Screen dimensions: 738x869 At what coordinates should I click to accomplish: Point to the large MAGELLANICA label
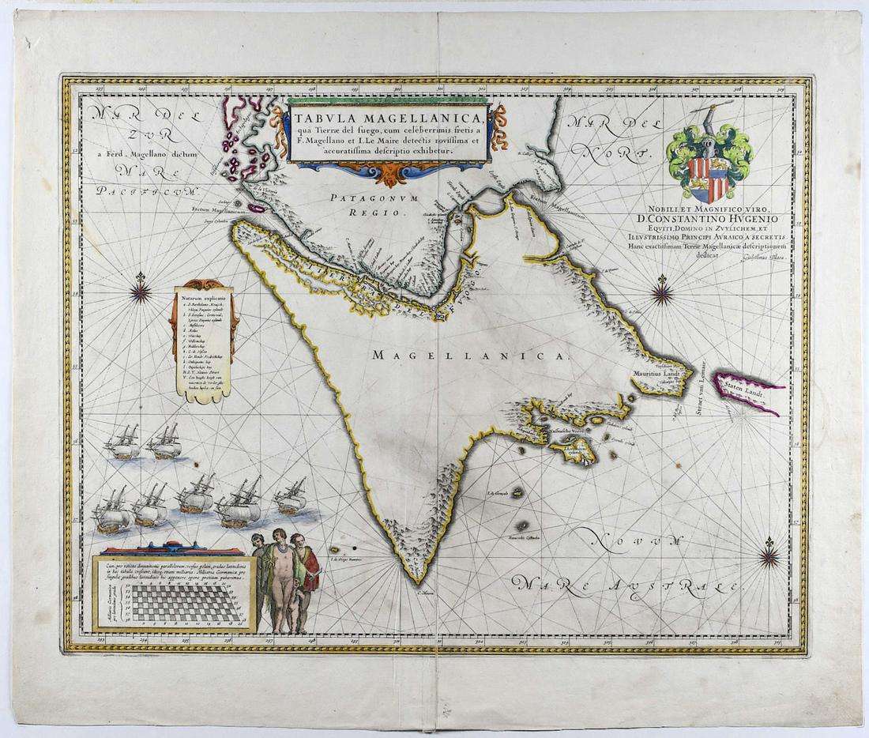click(x=470, y=356)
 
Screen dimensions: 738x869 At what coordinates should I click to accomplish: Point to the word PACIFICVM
click(x=149, y=190)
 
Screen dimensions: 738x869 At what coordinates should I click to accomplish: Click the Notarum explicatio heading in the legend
click(x=204, y=298)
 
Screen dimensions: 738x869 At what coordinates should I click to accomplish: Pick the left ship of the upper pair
click(x=124, y=445)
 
